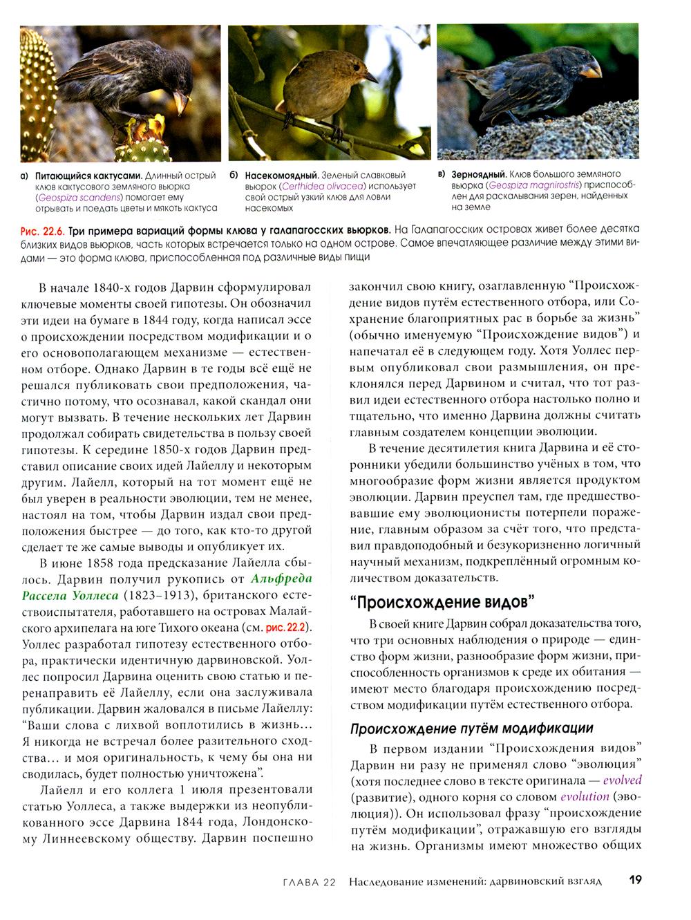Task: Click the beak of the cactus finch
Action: point(182,103)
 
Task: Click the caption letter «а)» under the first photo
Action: point(25,176)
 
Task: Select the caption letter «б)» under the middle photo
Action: point(234,176)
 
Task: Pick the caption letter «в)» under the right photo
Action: point(442,174)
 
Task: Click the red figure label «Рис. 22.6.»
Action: point(42,229)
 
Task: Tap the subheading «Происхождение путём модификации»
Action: point(471,729)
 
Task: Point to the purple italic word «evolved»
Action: point(622,780)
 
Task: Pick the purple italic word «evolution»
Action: point(585,797)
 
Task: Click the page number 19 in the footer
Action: point(636,881)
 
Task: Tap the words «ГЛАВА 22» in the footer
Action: point(310,882)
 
